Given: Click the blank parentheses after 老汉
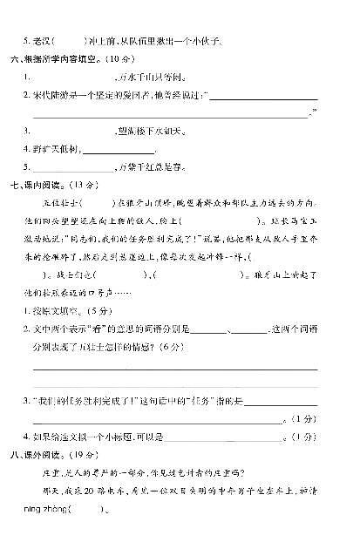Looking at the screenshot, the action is [71, 41].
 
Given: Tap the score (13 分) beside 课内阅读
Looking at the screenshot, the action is [91, 185].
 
